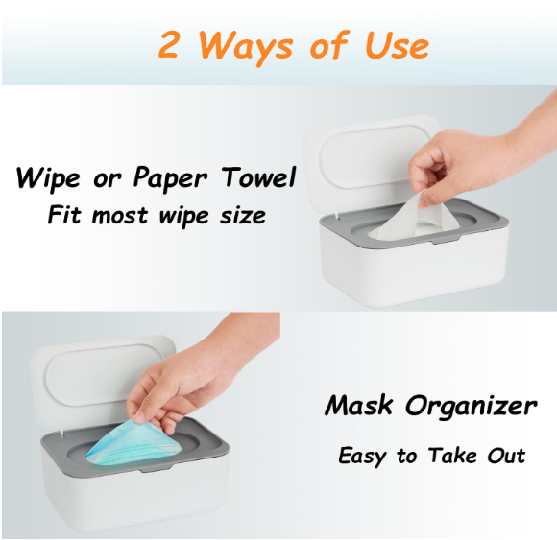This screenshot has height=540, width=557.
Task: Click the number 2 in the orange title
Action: pyautogui.click(x=168, y=44)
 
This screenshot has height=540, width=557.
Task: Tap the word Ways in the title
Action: pyautogui.click(x=244, y=47)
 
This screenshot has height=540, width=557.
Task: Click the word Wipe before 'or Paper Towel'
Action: pyautogui.click(x=48, y=177)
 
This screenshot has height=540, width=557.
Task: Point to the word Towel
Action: pyautogui.click(x=258, y=176)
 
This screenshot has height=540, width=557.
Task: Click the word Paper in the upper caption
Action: pyautogui.click(x=170, y=178)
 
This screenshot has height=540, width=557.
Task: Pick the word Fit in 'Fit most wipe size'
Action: pyautogui.click(x=65, y=214)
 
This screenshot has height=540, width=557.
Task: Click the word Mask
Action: pyautogui.click(x=359, y=405)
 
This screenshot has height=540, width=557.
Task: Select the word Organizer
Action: pyautogui.click(x=471, y=408)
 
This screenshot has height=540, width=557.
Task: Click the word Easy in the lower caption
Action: pyautogui.click(x=362, y=457)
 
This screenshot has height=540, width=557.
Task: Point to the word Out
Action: pyautogui.click(x=506, y=456)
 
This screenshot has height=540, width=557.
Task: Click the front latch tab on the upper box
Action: pyautogui.click(x=444, y=242)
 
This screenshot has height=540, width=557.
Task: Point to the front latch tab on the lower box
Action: pyautogui.click(x=156, y=470)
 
